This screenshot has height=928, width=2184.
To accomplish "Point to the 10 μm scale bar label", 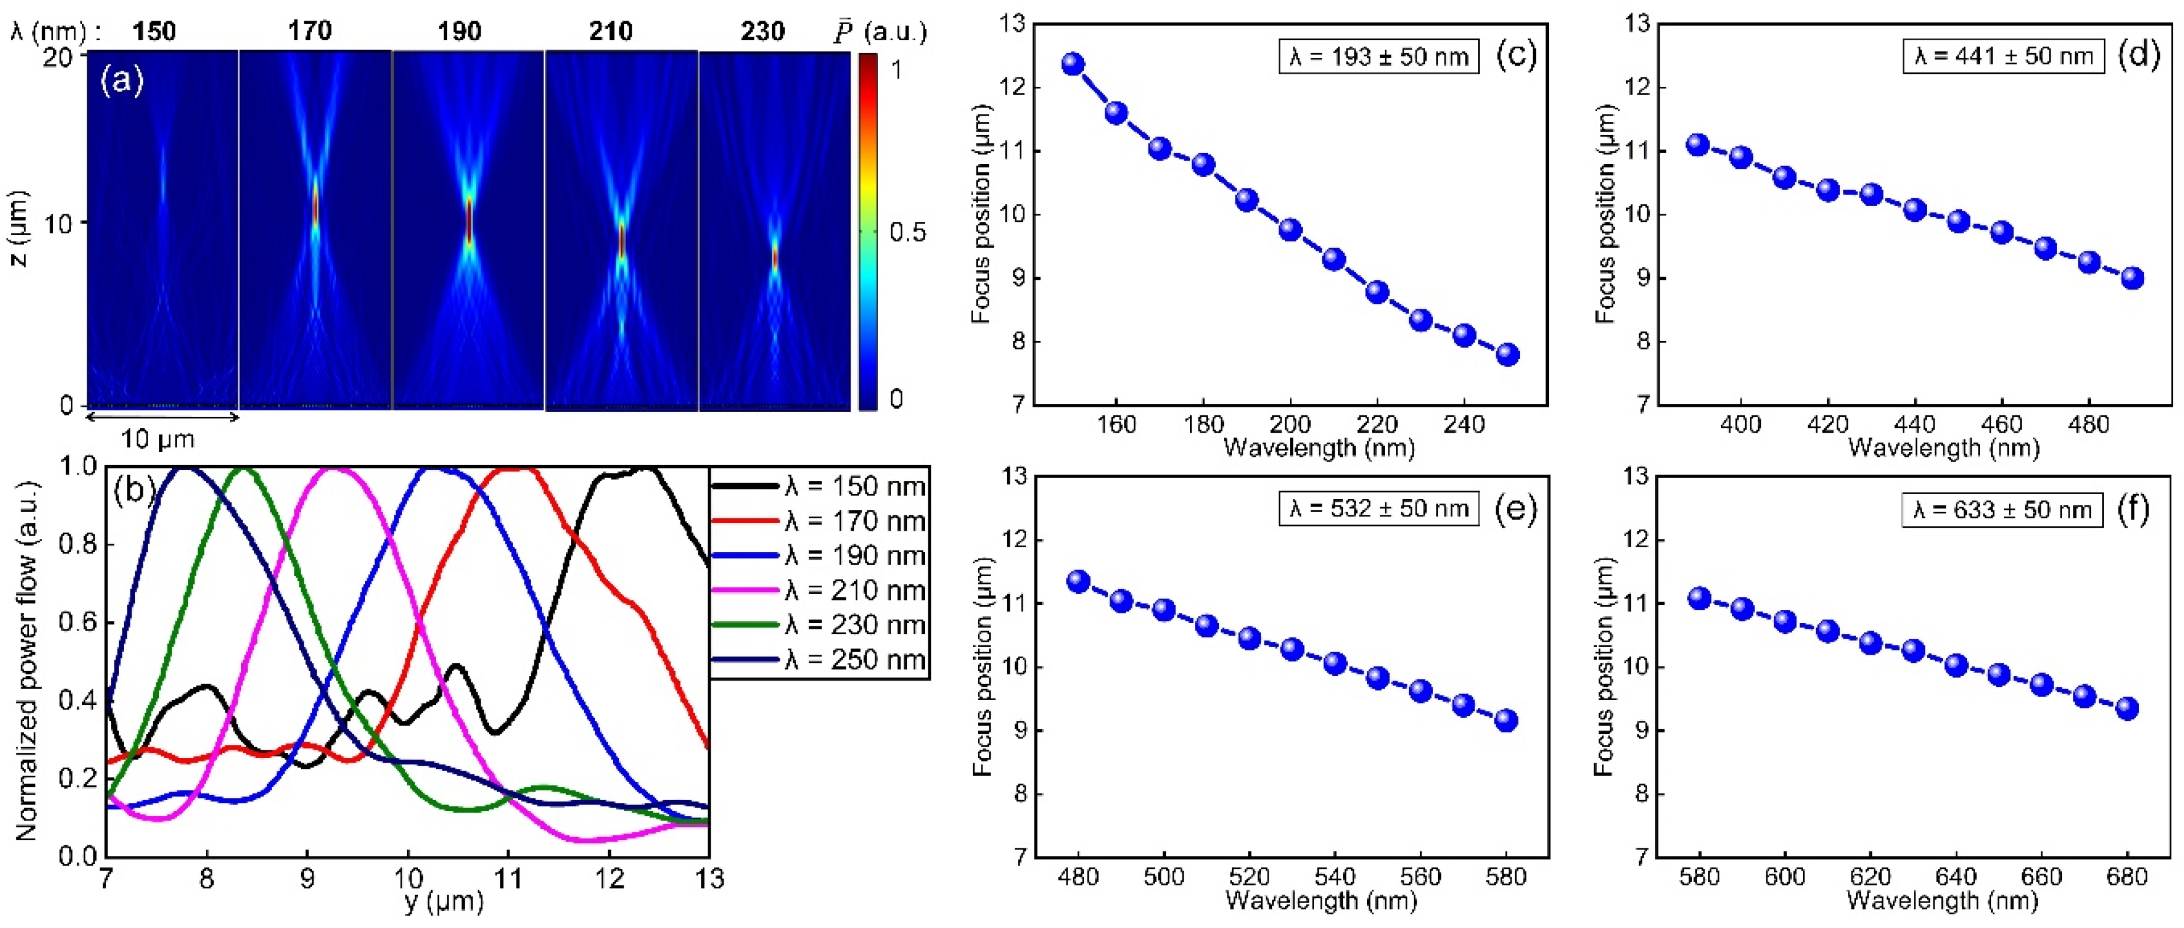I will tap(157, 439).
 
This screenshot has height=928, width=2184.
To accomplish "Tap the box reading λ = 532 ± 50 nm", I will tap(1378, 508).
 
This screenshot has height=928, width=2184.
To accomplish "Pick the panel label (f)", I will tap(2132, 508).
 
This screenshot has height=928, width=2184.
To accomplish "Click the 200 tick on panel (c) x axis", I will tap(1289, 424).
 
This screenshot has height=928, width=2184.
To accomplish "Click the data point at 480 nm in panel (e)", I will tap(1078, 581).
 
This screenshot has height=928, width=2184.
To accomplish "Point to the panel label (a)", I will tap(122, 81).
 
